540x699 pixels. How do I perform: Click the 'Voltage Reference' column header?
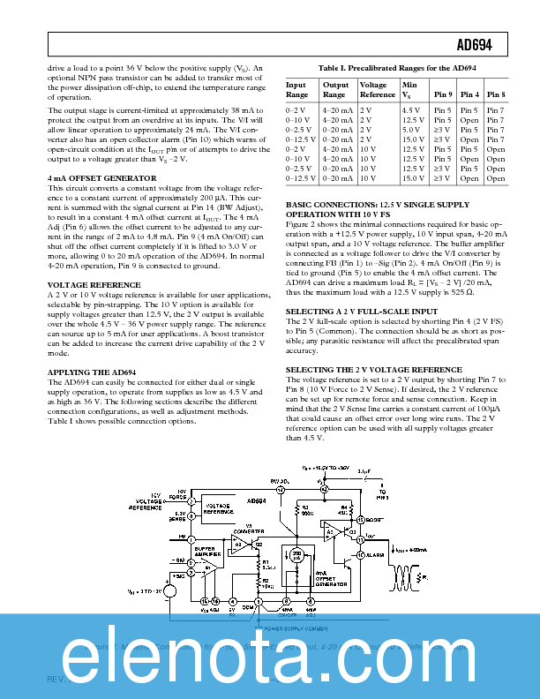(378, 89)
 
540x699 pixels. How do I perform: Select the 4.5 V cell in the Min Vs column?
(411, 110)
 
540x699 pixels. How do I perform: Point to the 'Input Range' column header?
(297, 89)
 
